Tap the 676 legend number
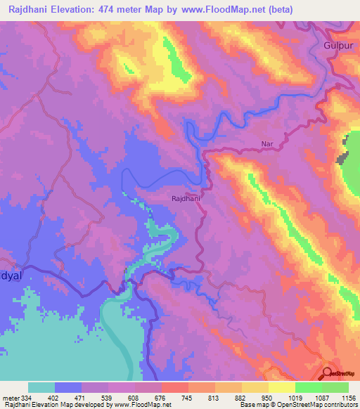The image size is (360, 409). point(161,397)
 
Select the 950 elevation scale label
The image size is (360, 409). point(267,397)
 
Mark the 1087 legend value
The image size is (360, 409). point(321,397)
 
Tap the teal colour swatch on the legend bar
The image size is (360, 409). point(41,387)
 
